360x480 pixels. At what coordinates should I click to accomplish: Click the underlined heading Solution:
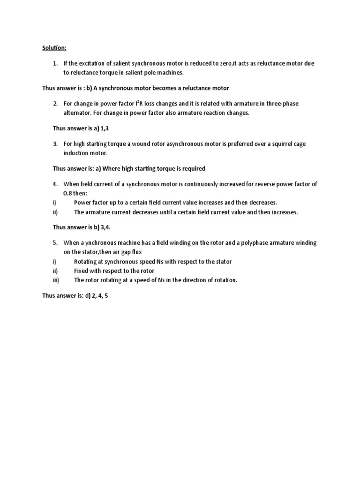click(x=50, y=48)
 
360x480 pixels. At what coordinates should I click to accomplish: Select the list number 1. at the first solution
click(x=55, y=64)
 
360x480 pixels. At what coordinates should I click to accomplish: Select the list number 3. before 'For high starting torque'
click(x=55, y=144)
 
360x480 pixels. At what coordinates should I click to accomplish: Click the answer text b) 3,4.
click(x=103, y=227)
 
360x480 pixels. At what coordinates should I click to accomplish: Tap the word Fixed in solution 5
click(x=82, y=271)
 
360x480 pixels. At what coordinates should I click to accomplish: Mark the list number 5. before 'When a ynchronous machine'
click(x=55, y=243)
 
